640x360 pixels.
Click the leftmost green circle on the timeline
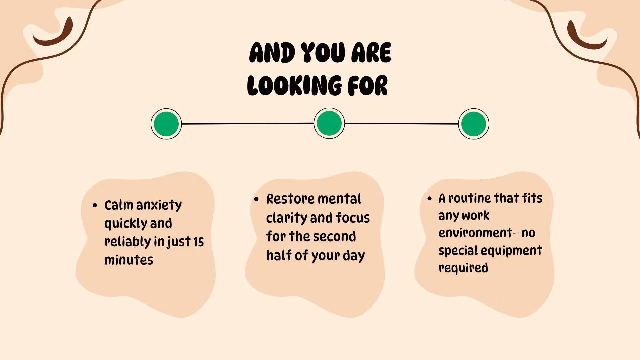166,124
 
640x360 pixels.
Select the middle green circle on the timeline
329,123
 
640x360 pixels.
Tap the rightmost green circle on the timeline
474,124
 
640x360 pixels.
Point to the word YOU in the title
323,53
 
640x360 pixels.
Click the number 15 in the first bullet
199,242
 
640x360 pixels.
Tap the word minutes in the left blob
129,260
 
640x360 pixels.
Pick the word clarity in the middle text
286,218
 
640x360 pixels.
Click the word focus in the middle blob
353,218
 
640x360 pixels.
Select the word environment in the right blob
475,233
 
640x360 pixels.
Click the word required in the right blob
463,268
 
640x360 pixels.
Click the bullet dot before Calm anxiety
95,205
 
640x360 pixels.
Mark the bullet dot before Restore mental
256,199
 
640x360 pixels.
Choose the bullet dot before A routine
430,199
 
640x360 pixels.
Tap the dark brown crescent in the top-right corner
586,37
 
